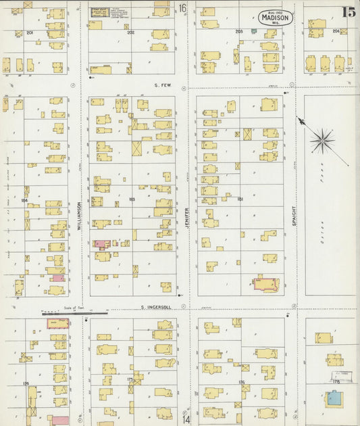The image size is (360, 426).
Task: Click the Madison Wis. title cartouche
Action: (276, 18)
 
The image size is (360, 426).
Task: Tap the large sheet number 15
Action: (349, 11)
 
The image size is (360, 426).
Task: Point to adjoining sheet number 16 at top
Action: (182, 8)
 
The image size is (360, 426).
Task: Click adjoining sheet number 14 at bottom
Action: (185, 419)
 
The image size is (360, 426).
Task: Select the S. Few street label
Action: (161, 85)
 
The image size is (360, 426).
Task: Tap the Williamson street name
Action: (79, 216)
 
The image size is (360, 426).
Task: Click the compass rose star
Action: (322, 141)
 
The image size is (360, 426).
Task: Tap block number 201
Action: (30, 32)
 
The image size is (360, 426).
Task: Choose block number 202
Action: (130, 32)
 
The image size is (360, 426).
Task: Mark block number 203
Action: (238, 31)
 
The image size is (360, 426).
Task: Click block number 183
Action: (131, 199)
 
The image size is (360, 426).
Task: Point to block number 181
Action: (239, 199)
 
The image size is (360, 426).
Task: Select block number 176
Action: (241, 383)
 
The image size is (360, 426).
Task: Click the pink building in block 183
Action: (100, 243)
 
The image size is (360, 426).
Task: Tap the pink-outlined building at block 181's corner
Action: (265, 283)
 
